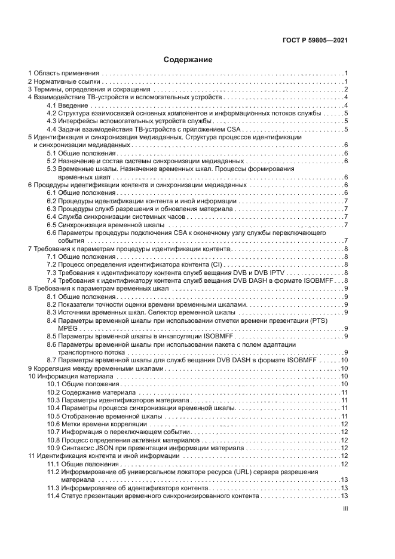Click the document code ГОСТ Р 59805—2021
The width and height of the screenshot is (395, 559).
[315, 41]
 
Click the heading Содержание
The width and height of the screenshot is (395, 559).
[188, 60]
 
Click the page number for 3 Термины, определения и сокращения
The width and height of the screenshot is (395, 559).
[346, 89]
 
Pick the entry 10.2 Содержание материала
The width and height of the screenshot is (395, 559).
[91, 392]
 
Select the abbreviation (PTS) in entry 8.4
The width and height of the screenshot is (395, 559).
[319, 320]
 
